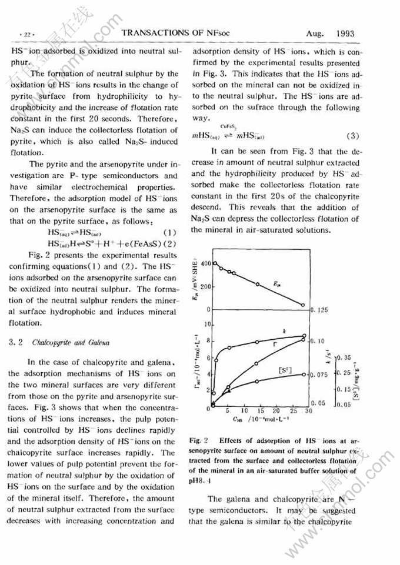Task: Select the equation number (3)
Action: pos(353,136)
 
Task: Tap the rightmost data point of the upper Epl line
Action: pos(303,305)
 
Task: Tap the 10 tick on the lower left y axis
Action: pos(206,324)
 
